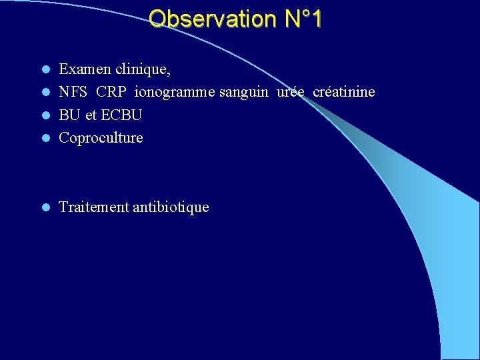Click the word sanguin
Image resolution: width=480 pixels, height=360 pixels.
244,91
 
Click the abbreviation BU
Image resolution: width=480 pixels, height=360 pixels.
69,115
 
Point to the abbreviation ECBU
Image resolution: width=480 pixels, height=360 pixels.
121,115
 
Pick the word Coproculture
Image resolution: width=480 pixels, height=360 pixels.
101,138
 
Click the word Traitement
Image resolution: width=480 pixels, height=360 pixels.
94,207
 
